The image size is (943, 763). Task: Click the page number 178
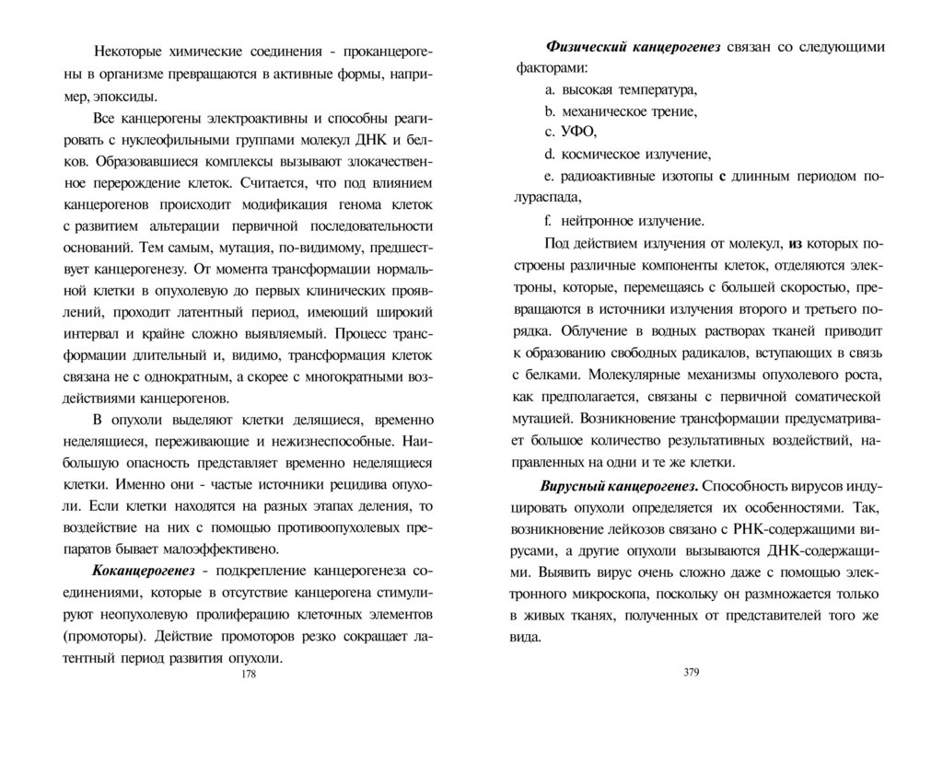[x=248, y=675]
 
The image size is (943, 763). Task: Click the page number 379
[x=693, y=671]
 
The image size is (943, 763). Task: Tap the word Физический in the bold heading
[x=584, y=47]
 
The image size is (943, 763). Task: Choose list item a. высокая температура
[x=621, y=89]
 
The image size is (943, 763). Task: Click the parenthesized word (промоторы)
[x=106, y=637]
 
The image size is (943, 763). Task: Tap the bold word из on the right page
[x=796, y=244]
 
